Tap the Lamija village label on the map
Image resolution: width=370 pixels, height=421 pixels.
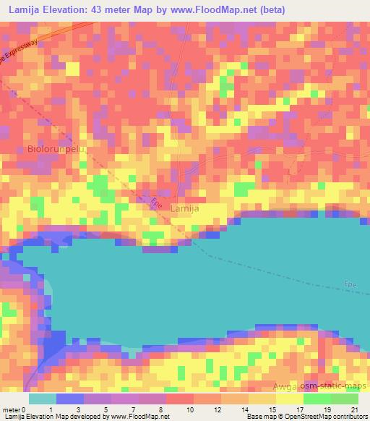(x=184, y=208)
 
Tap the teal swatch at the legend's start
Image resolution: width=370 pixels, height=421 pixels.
(x=42, y=399)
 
